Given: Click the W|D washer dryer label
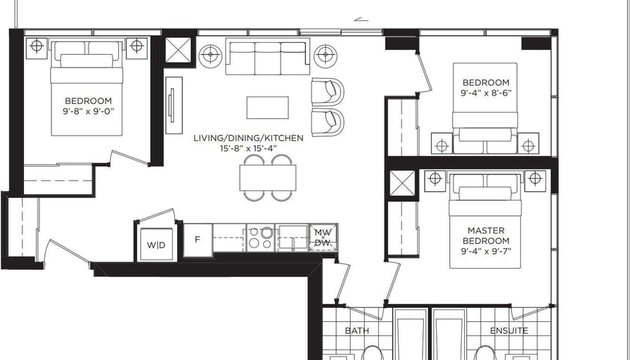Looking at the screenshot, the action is coord(156,245).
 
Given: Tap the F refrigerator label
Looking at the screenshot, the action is coord(198,240).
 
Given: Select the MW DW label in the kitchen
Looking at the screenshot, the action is coord(323,238).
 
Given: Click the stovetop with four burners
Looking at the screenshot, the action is coord(260,238).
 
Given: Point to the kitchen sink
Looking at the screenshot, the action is coord(291,238).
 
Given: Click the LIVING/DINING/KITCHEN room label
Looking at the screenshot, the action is coord(248,139).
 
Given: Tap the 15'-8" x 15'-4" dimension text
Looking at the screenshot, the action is coord(248,148).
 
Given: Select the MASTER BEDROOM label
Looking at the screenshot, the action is coord(486,236).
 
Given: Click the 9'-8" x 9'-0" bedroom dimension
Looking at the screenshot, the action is coord(89,111).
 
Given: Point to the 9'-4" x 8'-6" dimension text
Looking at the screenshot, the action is coord(486,94).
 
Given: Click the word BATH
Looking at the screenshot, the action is coord(356,330).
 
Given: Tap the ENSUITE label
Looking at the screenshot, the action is coord(508,330).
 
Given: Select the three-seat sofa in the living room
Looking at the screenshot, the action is coord(268,56).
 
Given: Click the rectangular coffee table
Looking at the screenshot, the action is coord(268,108).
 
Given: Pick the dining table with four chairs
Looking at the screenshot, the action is coord(268,178).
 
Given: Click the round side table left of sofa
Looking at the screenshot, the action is coord(210,56).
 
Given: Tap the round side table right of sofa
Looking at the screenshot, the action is coord(325,56).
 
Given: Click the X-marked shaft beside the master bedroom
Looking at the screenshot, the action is coord(401,184).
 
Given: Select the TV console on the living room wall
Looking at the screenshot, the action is coord(174,105).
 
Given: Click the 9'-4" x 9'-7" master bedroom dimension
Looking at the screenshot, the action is coord(486,252).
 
